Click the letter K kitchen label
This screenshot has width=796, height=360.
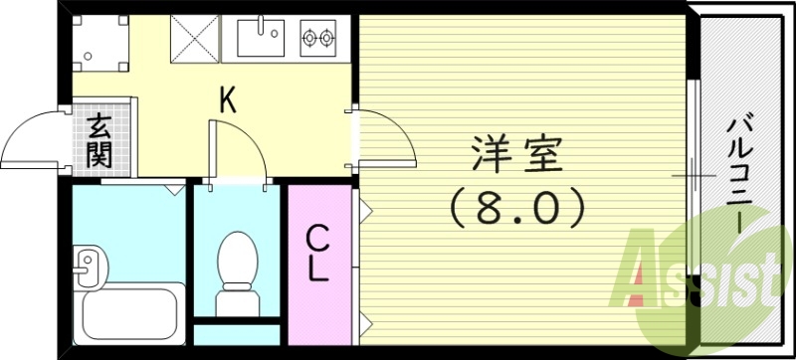(228, 99)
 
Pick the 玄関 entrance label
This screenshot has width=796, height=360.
(99, 139)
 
